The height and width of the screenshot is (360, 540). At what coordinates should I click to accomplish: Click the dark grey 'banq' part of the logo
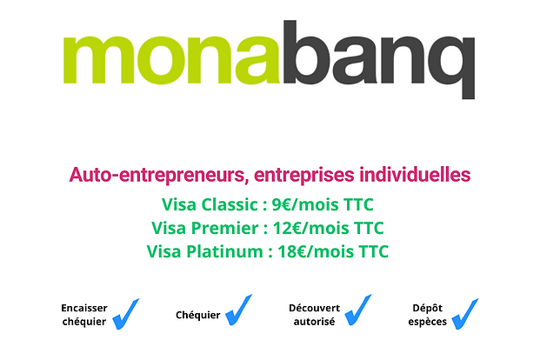tap(379, 60)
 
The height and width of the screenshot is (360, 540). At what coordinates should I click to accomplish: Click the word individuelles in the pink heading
tap(415, 174)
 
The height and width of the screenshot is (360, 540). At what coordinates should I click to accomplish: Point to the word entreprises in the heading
tap(304, 175)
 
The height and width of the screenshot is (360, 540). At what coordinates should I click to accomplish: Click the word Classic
tap(230, 204)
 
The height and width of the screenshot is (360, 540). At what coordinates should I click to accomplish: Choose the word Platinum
tap(224, 251)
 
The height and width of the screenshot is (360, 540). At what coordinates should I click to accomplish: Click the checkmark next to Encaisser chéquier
tap(126, 314)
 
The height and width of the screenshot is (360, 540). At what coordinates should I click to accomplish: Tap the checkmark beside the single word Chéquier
tap(238, 310)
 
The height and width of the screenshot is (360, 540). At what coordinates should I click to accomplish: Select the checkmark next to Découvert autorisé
tap(358, 310)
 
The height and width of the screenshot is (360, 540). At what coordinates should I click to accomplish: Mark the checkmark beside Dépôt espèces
tap(465, 314)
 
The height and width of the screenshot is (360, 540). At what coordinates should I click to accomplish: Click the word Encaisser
tap(84, 308)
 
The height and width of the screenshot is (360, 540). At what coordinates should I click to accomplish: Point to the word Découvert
tap(315, 308)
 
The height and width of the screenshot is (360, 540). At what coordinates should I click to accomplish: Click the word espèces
tap(427, 322)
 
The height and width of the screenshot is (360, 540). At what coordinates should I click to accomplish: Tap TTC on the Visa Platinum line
tap(374, 251)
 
